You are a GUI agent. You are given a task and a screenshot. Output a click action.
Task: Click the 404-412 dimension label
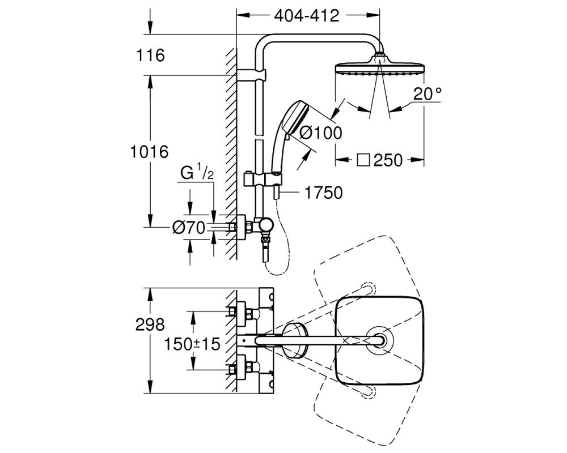point(307,16)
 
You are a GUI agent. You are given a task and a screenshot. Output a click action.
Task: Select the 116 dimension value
point(150,55)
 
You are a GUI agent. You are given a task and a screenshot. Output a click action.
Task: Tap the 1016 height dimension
point(149,152)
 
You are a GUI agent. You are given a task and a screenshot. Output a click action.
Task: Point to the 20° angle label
point(428,94)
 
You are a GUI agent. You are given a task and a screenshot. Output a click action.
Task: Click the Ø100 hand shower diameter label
point(321,133)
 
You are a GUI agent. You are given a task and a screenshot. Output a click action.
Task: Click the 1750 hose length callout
point(324,193)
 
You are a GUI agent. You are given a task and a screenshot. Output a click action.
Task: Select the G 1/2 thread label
point(197,173)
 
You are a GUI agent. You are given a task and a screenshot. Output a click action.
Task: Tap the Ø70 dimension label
point(189,228)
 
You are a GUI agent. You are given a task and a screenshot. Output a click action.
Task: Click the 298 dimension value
point(150,325)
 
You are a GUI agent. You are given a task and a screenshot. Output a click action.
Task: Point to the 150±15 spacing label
point(192,344)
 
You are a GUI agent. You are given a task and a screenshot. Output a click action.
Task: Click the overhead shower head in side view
point(380,66)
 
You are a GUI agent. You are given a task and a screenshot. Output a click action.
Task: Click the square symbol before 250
point(363,160)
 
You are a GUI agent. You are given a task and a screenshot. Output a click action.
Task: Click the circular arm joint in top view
point(379,340)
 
